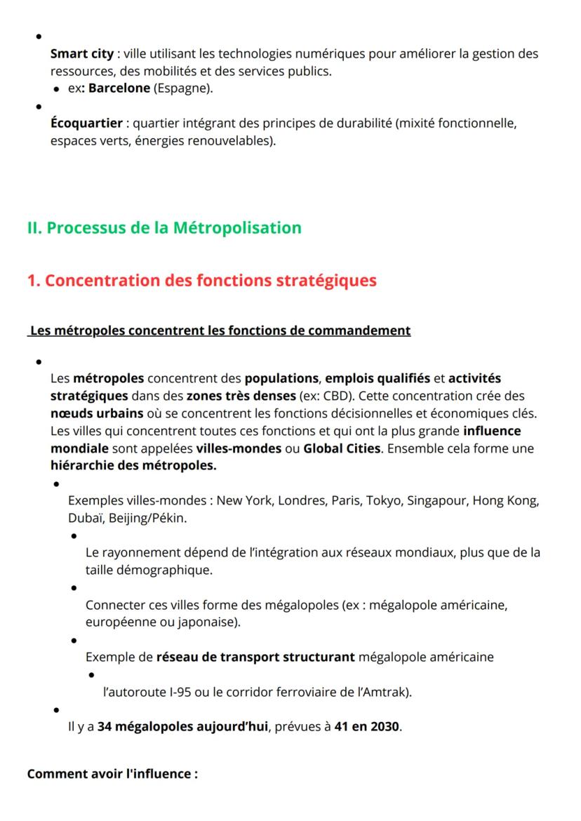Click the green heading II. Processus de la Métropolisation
[x=164, y=228]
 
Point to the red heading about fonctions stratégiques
[x=201, y=280]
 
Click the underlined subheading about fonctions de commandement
[x=219, y=331]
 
